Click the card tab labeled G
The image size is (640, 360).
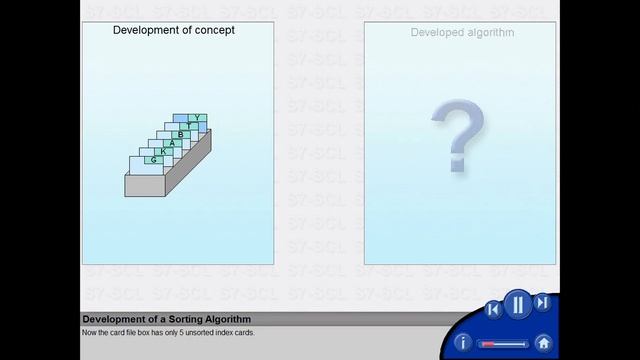(154, 160)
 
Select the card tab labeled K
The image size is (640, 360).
(163, 151)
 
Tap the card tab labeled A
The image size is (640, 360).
(172, 143)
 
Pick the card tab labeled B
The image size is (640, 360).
(181, 134)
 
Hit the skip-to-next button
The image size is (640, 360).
(542, 303)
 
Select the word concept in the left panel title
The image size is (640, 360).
(213, 30)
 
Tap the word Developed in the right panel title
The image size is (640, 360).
(437, 33)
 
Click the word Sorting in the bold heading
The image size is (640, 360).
(173, 320)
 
